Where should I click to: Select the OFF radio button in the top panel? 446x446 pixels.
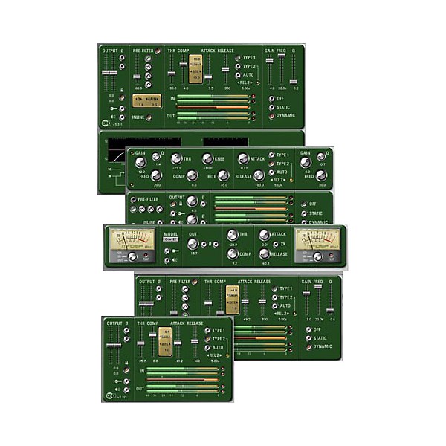point(273,97)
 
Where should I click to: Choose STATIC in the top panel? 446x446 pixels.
point(273,107)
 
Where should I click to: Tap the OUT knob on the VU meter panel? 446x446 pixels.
point(193,243)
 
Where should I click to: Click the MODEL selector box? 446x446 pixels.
point(169,240)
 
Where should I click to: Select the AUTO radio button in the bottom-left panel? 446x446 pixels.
point(207,347)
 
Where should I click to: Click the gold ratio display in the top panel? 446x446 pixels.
point(195,68)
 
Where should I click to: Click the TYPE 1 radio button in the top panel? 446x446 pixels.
point(237,57)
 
